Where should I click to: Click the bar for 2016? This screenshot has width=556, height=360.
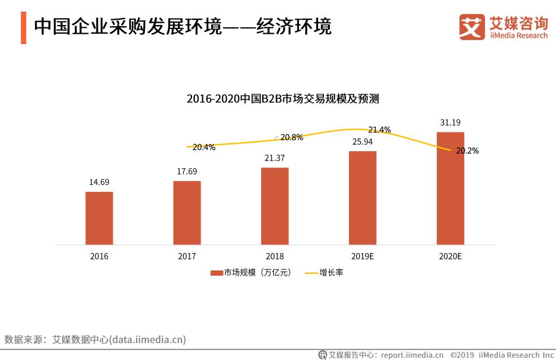[x=99, y=218]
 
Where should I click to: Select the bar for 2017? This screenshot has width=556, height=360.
[x=187, y=213]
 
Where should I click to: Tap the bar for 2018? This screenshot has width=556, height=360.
[x=275, y=206]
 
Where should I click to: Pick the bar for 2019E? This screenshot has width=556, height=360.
[x=362, y=198]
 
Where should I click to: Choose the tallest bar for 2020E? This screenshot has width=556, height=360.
[x=450, y=188]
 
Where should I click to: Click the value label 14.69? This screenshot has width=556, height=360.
[x=99, y=182]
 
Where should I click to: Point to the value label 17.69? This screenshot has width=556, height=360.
[x=187, y=171]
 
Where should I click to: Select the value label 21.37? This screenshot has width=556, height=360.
[x=275, y=158]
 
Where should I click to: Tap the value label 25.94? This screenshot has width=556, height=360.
[x=362, y=141]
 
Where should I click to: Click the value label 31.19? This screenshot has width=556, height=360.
[x=450, y=123]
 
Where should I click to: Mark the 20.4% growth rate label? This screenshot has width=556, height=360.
[x=204, y=148]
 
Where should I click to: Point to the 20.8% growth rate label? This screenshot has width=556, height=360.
[x=291, y=138]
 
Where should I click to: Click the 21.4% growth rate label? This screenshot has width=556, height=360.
[x=379, y=130]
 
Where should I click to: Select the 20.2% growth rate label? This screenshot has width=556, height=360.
[x=467, y=151]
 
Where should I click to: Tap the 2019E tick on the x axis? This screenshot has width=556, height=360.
[x=362, y=256]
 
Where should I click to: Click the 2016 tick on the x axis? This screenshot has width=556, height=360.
[x=99, y=256]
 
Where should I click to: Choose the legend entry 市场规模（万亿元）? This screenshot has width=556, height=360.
[x=251, y=272]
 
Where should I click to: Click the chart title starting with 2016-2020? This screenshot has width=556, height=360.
[x=283, y=99]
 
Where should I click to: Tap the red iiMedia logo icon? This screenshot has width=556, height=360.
[x=472, y=27]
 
